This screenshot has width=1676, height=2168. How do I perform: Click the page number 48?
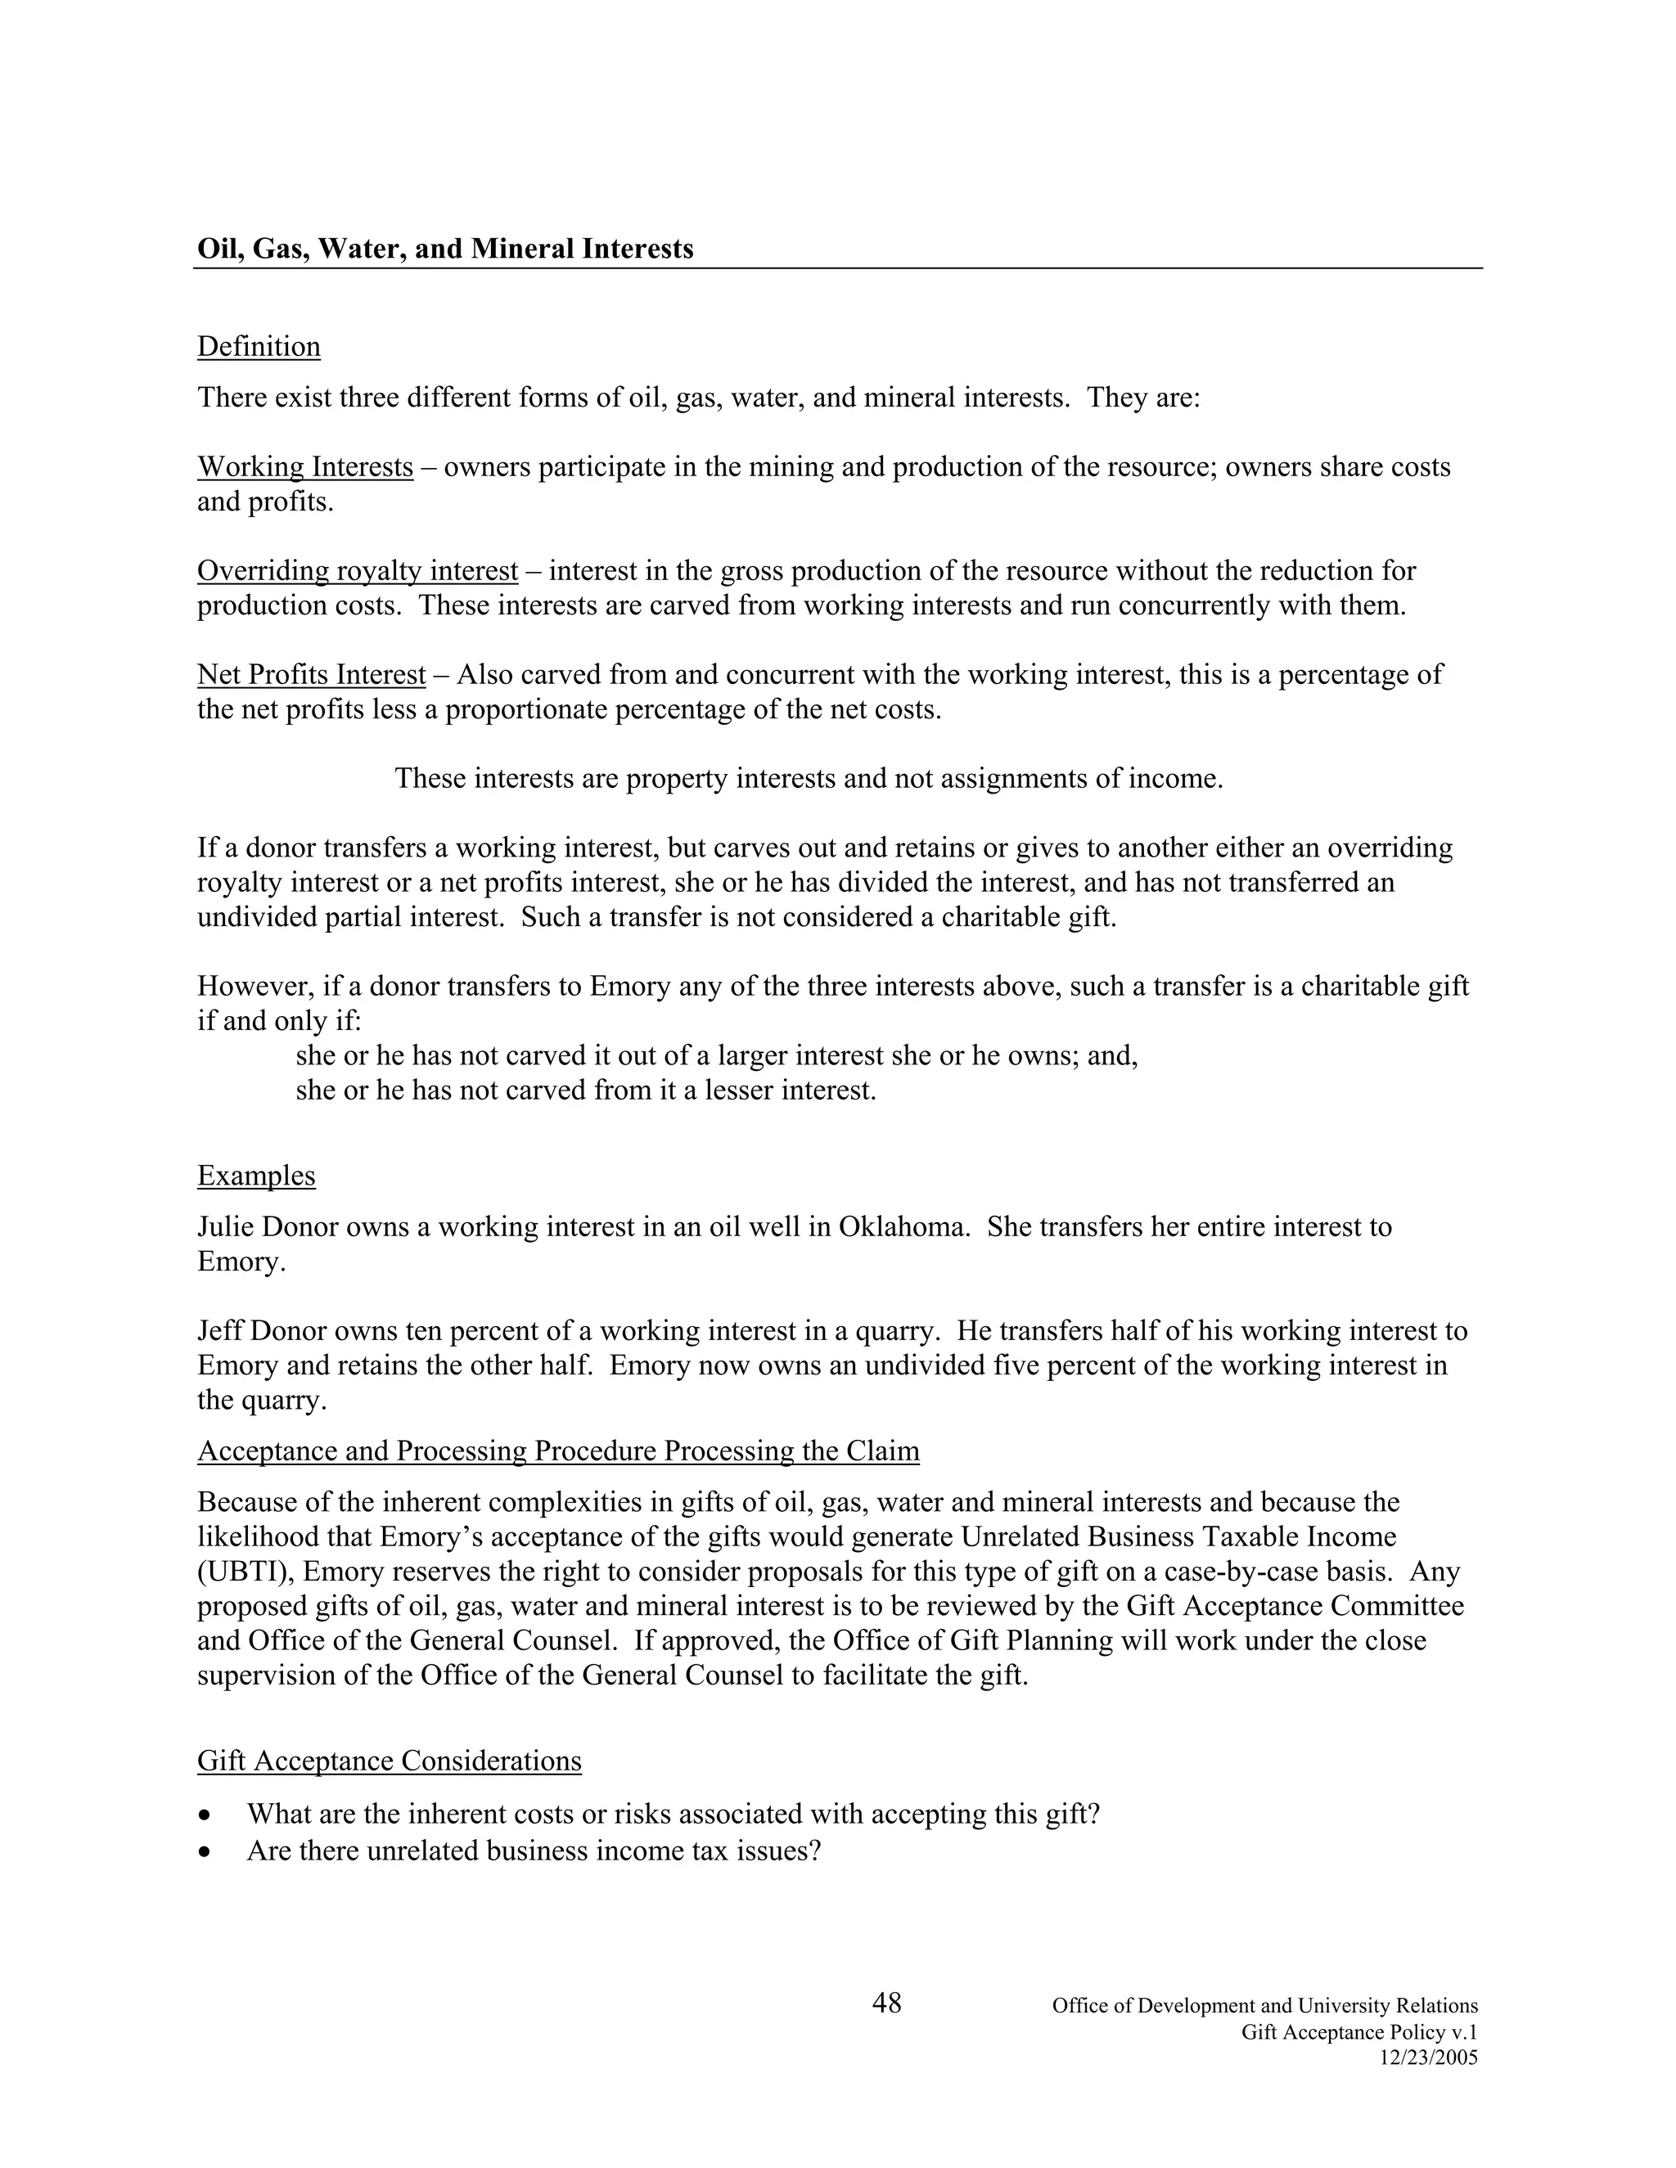pos(885,2004)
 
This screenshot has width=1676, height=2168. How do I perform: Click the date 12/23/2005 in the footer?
pos(1428,2058)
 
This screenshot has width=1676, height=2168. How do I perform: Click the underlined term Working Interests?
pos(304,466)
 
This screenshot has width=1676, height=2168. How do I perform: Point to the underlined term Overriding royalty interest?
pos(358,571)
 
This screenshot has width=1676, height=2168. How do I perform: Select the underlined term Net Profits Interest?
pos(311,675)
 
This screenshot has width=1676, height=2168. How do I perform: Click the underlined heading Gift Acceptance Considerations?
pos(390,1761)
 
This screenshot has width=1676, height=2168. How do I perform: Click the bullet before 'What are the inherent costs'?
pos(205,1815)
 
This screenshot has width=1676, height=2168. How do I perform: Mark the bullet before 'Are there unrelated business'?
pos(205,1852)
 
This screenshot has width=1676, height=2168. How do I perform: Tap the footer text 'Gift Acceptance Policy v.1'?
pos(1359,2032)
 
